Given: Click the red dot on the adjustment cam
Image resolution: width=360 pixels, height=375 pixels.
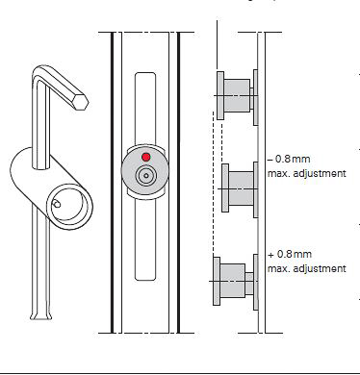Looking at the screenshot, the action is (146, 157).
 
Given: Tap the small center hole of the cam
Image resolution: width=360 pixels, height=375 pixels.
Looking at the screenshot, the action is (146, 176).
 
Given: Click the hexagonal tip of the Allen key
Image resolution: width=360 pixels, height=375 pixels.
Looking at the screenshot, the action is (81, 101).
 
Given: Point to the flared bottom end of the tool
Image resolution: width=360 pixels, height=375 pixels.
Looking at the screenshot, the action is (40, 314).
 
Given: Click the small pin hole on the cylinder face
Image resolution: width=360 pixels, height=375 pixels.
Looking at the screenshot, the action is (56, 204).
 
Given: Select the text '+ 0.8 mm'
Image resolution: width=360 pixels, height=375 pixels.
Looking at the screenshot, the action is (290, 254).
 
